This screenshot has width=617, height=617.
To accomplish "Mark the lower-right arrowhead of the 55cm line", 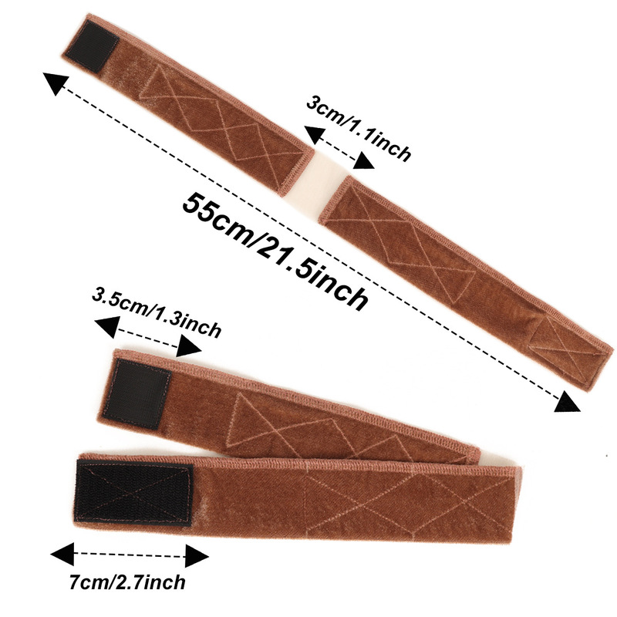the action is coord(568,402).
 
